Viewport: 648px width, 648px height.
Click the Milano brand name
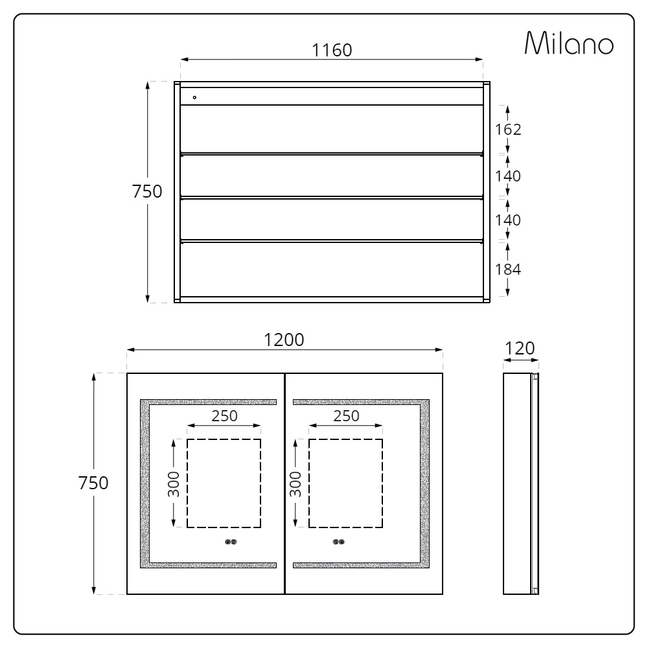point(569,43)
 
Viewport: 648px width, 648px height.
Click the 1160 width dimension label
point(331,51)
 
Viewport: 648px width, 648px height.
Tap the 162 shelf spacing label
point(508,130)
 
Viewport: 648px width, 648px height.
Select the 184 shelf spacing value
point(508,270)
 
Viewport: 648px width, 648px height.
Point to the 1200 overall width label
point(284,340)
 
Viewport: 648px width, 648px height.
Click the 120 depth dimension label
point(520,349)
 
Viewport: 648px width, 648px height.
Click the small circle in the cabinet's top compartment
point(194,98)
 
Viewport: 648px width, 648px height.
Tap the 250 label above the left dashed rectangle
point(224,416)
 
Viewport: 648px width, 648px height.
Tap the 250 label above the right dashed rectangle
point(346,416)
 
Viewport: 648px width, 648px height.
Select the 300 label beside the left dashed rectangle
point(174,484)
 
